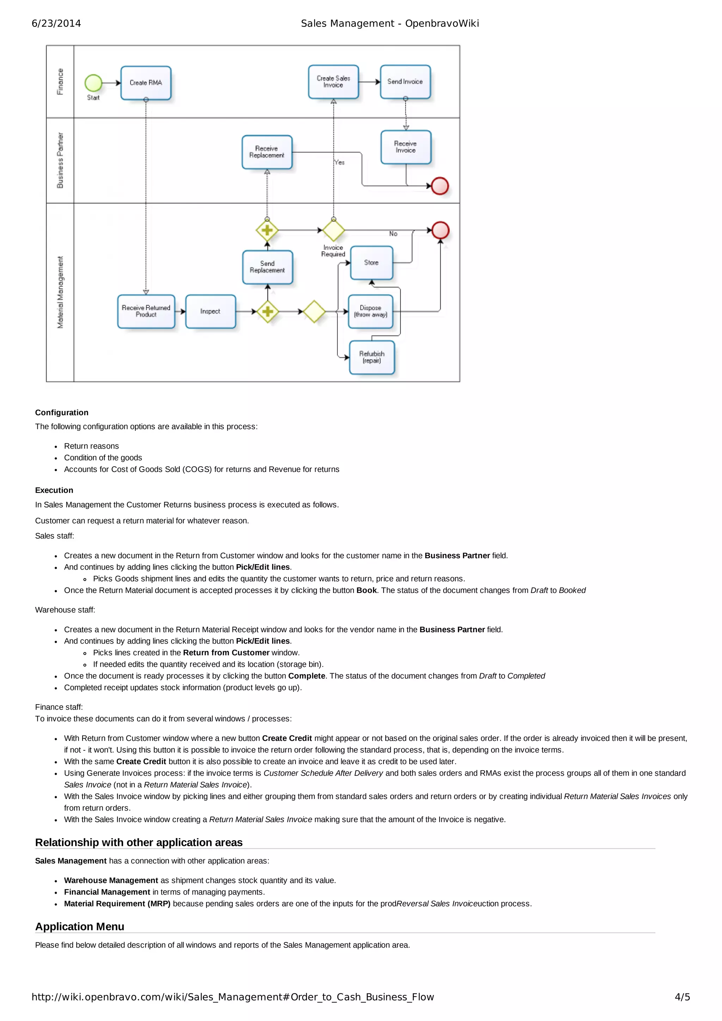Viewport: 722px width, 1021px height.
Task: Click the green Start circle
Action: tap(93, 83)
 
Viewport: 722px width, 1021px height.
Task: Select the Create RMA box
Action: tap(146, 83)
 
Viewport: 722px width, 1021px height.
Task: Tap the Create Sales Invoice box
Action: tap(333, 82)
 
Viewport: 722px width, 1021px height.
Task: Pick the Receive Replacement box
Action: tap(267, 152)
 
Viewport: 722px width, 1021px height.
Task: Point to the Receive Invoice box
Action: tap(406, 147)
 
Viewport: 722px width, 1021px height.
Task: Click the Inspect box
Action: tap(210, 311)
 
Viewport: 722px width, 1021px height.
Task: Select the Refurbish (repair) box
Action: tap(372, 357)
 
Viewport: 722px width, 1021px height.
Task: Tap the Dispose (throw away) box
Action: tap(371, 311)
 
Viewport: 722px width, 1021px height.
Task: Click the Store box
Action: tap(372, 263)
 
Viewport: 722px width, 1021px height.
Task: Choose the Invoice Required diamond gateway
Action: tap(334, 230)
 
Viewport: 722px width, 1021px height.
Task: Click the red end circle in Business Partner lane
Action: tap(440, 186)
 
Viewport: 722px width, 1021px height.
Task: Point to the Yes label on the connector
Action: tap(339, 163)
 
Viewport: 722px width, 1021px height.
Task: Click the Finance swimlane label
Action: tap(60, 82)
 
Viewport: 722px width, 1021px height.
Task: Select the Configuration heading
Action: tap(62, 413)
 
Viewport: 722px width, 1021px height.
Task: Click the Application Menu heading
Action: tap(80, 927)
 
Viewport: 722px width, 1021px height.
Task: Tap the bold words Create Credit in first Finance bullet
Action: tap(287, 738)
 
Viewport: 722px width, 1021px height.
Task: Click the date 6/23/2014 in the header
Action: tap(56, 24)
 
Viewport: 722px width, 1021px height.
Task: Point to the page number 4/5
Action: tap(682, 997)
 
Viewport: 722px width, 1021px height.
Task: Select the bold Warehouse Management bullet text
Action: tap(111, 880)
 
